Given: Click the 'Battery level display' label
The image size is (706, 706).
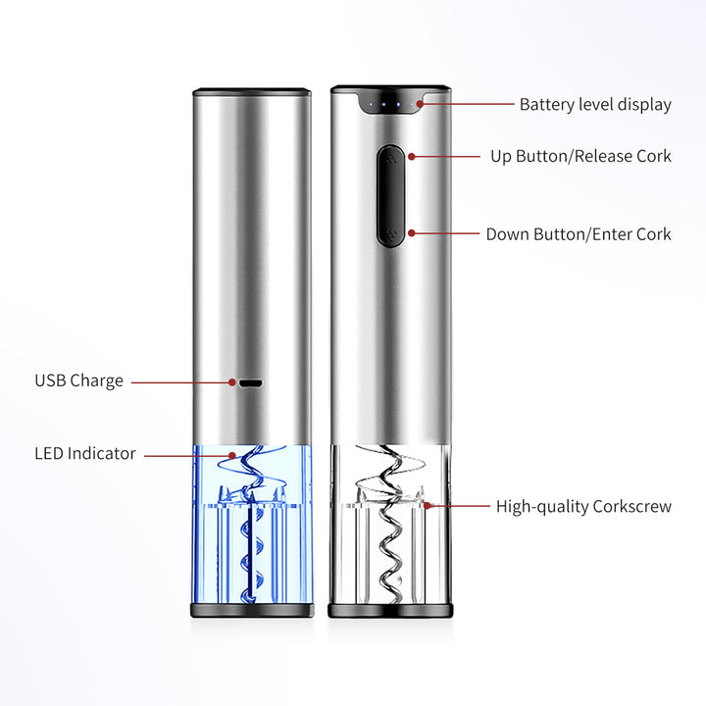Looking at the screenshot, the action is click(x=595, y=105).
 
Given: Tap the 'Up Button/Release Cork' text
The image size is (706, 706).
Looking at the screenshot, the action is click(x=580, y=156).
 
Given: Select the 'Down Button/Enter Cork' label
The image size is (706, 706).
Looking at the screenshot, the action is click(x=579, y=234).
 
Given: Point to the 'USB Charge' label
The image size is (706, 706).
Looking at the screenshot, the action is click(x=78, y=380).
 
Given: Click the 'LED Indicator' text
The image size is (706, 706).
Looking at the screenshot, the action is click(x=85, y=453).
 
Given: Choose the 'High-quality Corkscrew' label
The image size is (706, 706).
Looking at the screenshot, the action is click(x=583, y=507).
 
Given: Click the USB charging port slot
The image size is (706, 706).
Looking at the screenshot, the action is click(x=251, y=383).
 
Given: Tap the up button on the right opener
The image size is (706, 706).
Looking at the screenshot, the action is click(x=391, y=159).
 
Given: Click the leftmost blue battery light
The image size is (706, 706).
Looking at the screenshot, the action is click(x=371, y=105).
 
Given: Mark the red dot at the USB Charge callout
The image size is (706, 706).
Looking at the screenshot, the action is click(x=231, y=382).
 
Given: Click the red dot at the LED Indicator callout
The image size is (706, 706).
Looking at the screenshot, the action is click(x=231, y=455).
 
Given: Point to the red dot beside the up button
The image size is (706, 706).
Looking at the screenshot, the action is click(x=412, y=157).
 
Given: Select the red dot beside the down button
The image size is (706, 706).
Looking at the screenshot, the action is click(x=412, y=232).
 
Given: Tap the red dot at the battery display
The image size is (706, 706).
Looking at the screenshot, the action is click(x=420, y=104).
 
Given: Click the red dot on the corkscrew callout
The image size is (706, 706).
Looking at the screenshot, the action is click(x=427, y=506).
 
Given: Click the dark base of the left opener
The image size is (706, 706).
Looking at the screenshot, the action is click(x=252, y=610).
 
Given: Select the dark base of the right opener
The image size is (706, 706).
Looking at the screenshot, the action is click(x=390, y=611).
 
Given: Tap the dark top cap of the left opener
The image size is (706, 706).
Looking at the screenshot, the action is click(x=252, y=92).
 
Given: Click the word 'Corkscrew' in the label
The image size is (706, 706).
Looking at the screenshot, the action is click(x=632, y=507).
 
